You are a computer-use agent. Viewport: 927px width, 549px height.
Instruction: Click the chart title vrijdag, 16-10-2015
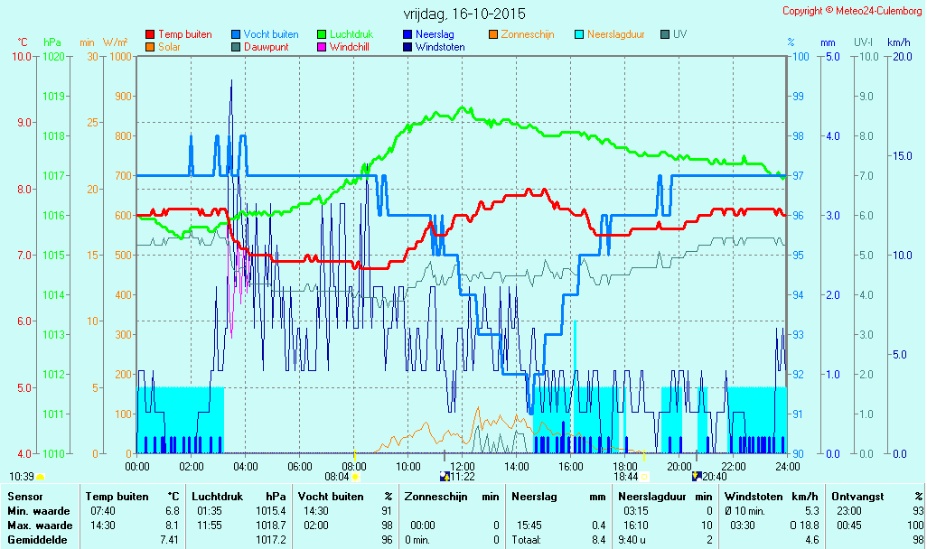coord(464,14)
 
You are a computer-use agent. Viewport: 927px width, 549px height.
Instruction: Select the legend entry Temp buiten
coord(179,34)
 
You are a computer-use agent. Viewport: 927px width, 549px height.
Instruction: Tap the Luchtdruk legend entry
coord(345,34)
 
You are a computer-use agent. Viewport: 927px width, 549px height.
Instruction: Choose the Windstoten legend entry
coord(434,47)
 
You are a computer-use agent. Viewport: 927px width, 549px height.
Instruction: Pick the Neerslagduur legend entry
coord(610,34)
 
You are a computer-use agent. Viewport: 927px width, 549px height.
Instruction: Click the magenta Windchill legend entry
coord(343,47)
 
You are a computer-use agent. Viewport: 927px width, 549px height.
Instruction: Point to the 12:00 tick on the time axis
coord(463,467)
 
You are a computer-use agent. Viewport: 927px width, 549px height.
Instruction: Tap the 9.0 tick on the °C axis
coord(23,122)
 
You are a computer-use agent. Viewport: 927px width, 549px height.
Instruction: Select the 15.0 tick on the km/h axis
coord(903,156)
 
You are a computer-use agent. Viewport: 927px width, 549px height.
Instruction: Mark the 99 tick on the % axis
coord(798,97)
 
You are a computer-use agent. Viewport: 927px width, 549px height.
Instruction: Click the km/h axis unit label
coord(899,42)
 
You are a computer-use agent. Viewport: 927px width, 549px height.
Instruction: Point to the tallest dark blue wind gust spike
coord(231,81)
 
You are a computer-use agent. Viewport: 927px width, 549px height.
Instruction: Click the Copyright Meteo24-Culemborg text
coord(853,11)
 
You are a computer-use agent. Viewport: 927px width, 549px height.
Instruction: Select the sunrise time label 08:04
coord(337,477)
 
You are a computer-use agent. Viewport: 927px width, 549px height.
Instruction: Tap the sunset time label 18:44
coord(625,477)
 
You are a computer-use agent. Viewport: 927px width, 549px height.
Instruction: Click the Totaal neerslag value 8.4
coord(598,540)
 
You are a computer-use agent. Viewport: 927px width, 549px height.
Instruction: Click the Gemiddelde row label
coord(37,540)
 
